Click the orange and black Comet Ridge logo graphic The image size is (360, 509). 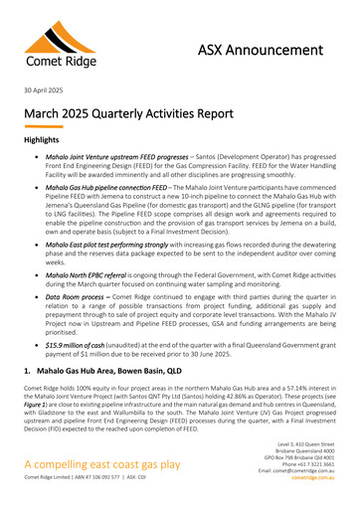(x=52, y=44)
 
